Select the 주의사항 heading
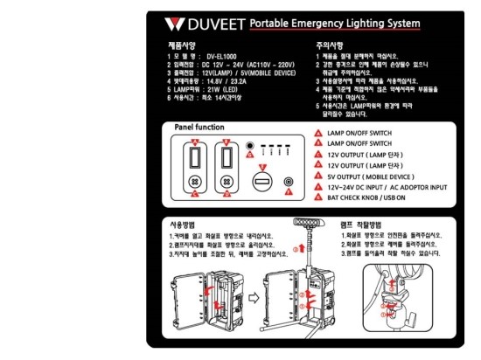(x=331, y=44)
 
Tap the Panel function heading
(x=199, y=127)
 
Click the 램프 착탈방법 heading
(x=364, y=224)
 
